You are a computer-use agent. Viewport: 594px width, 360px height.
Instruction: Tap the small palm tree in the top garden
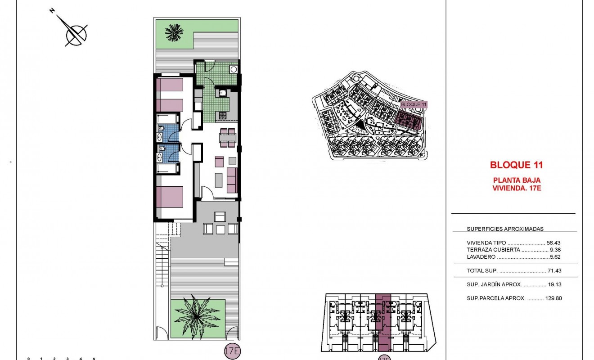(x=174, y=32)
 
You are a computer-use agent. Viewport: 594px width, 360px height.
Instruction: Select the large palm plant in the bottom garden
(x=197, y=315)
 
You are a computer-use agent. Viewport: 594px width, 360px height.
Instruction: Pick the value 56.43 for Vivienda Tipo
(x=554, y=242)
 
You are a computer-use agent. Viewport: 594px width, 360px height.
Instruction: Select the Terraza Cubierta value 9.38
(x=555, y=249)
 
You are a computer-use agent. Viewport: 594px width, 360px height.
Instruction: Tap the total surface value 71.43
(x=554, y=271)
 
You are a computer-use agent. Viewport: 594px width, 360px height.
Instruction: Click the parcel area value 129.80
(x=552, y=298)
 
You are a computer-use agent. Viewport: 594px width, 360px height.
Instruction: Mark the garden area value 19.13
(x=554, y=284)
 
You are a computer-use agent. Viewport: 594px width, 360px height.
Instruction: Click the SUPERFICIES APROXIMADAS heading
(x=505, y=229)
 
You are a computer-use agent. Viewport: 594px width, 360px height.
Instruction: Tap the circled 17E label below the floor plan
(x=232, y=351)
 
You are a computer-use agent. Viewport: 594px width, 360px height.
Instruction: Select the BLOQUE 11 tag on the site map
(x=413, y=104)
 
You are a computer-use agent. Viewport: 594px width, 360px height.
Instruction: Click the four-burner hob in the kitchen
(x=223, y=116)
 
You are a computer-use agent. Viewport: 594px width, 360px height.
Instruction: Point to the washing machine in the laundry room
(x=233, y=69)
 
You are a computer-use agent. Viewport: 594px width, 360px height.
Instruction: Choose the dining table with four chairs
(x=227, y=138)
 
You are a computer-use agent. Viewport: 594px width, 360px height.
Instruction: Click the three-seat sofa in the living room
(x=232, y=180)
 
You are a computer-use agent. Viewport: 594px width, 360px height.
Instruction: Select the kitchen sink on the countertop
(x=223, y=94)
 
